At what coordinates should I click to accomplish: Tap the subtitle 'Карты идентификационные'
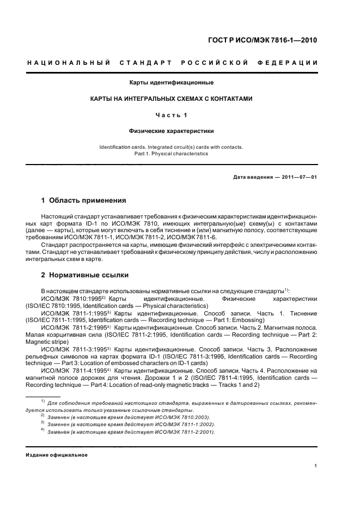(171, 83)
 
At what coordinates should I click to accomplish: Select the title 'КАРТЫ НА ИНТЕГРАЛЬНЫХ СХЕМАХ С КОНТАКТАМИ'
(171, 99)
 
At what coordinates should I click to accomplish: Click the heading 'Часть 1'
(171, 115)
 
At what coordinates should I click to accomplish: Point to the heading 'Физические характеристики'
(171, 131)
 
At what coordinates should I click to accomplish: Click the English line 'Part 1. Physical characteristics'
(171, 154)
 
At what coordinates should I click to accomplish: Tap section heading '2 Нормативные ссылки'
(85, 275)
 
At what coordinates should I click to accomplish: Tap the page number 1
(316, 465)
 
